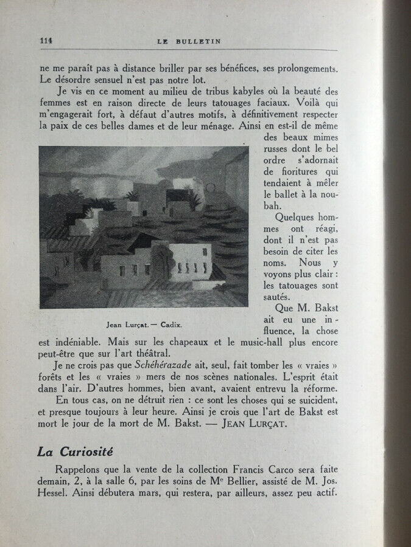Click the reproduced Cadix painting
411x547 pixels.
pos(144,227)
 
